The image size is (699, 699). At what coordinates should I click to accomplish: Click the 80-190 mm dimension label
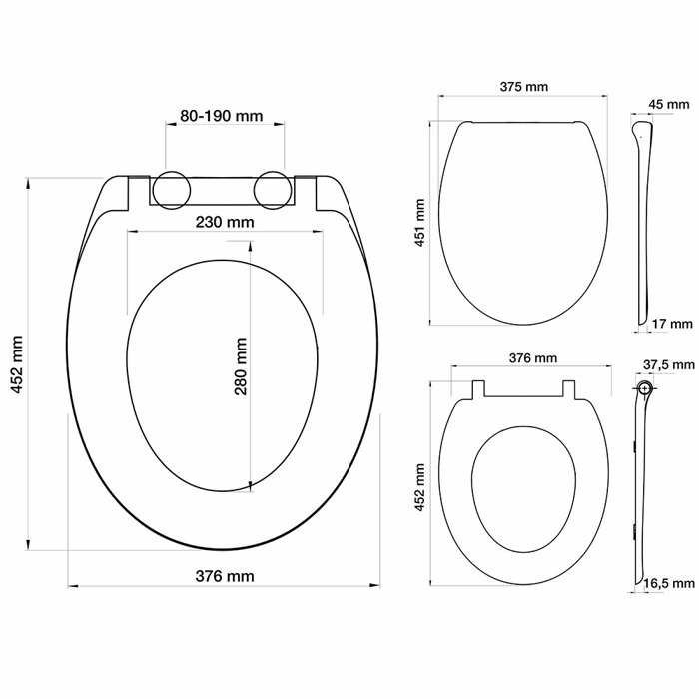coord(222,117)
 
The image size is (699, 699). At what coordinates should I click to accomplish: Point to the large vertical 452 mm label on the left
coord(17,365)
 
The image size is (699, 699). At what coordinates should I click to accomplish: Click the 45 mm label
coord(668,104)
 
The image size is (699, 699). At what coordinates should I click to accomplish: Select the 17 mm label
coord(671,324)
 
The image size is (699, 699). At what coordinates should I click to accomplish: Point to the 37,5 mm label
coord(666,365)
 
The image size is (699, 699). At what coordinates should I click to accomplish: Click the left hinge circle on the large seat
coord(171,189)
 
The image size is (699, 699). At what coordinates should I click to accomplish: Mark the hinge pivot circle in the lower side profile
coord(644,386)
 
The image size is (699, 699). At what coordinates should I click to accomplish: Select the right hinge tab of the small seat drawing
coord(571,388)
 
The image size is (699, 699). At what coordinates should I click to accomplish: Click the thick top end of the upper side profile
coord(641,128)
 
